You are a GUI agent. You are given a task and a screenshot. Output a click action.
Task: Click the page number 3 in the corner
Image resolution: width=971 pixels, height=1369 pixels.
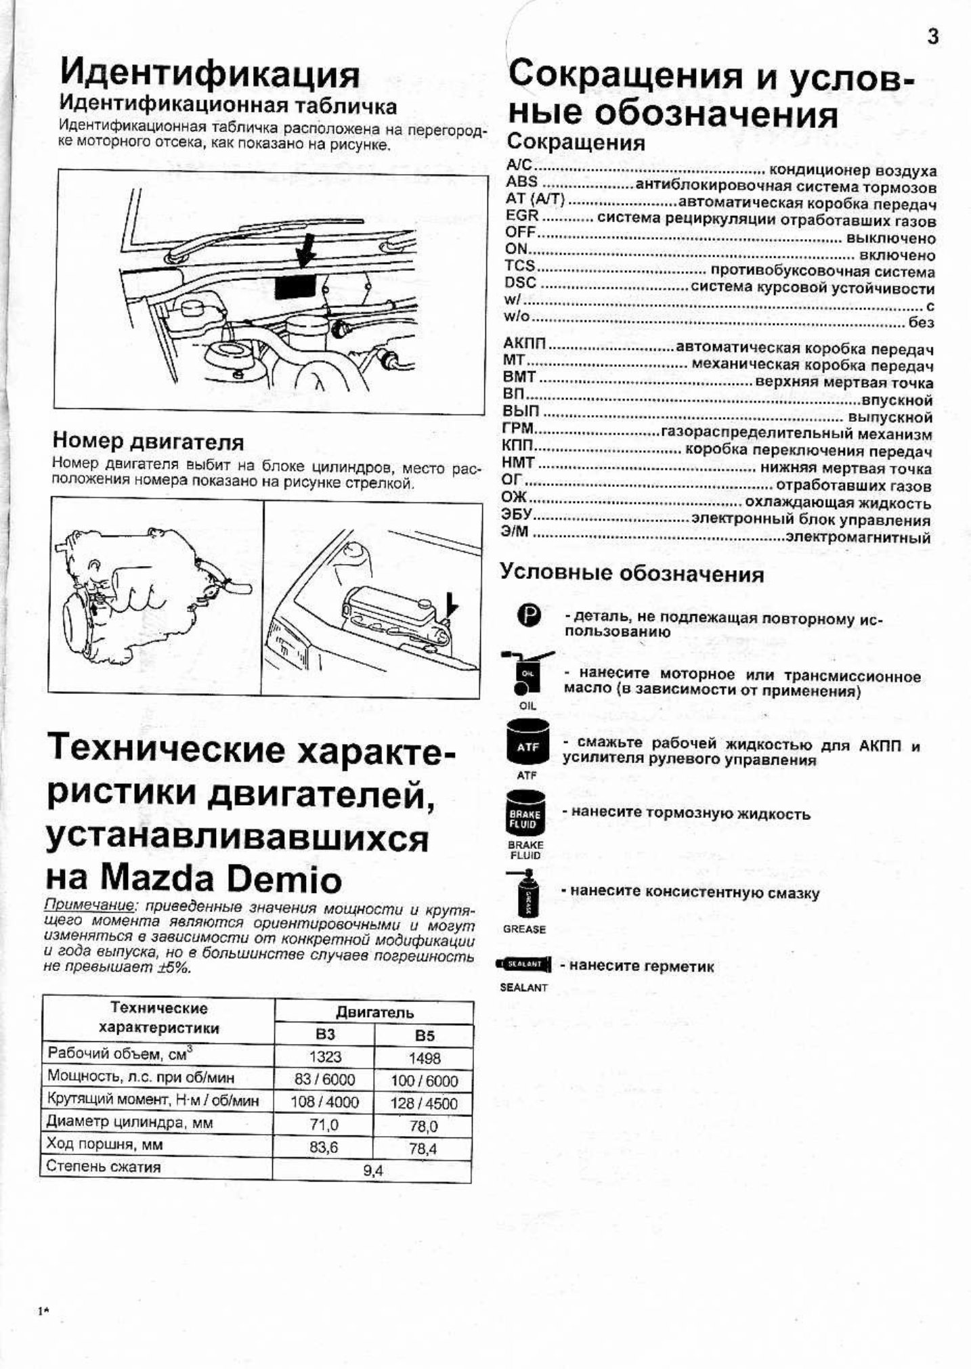[x=932, y=38]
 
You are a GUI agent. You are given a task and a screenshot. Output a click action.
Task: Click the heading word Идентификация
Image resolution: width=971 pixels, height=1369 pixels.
[x=209, y=74]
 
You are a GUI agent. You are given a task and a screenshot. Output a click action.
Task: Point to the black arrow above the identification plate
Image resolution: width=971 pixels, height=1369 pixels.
[x=306, y=251]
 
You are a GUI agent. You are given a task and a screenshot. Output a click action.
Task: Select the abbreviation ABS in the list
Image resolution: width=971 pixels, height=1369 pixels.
[x=521, y=182]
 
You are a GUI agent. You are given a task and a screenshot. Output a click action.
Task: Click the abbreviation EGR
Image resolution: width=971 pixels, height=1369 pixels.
[x=522, y=216]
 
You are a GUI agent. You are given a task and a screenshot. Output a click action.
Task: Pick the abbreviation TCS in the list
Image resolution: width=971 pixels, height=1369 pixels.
[x=520, y=266]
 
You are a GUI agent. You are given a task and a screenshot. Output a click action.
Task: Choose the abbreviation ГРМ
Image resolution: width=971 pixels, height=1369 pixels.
[x=518, y=429]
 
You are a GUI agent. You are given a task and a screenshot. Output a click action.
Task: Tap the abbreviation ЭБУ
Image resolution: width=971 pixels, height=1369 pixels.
[x=517, y=515]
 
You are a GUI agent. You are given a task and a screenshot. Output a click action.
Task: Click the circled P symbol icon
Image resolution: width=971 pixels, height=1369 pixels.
[x=529, y=615]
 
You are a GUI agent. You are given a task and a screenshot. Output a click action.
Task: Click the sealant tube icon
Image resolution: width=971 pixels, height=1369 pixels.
[x=524, y=963]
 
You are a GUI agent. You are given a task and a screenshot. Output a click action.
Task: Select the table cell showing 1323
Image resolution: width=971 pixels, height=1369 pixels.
[x=325, y=1057]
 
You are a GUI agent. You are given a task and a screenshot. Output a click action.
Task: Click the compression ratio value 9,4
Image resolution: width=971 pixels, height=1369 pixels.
[x=372, y=1169]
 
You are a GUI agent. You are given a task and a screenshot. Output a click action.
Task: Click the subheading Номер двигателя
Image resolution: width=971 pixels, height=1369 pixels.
[x=148, y=442]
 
